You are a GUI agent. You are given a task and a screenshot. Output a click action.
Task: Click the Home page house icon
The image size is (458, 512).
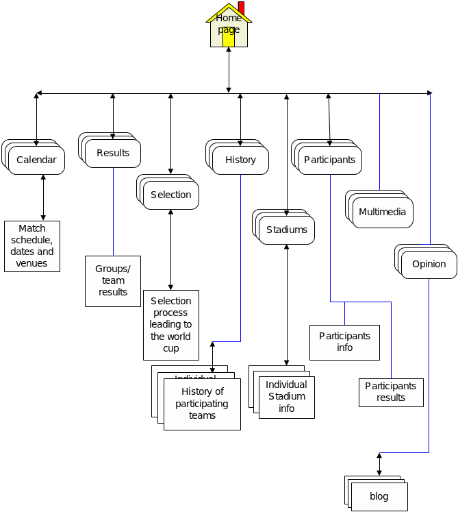coord(229,27)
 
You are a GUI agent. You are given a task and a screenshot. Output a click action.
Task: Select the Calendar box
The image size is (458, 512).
coord(37,160)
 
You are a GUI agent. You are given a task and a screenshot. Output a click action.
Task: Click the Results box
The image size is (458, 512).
coord(113,153)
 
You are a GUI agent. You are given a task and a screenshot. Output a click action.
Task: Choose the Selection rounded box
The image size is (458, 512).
coord(171,195)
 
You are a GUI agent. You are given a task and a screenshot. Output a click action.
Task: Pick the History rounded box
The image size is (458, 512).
coord(240,160)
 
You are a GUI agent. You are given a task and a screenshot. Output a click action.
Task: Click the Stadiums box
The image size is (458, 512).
coord(287,230)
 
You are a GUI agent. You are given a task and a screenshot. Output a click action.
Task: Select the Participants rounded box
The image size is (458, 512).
coord(330,160)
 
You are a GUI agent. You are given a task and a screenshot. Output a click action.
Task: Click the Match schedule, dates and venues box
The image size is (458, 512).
coord(32,246)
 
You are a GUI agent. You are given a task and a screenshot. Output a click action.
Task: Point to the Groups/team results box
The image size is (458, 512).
coord(113,281)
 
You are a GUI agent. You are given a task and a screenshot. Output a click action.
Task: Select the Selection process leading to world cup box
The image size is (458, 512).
coord(171,325)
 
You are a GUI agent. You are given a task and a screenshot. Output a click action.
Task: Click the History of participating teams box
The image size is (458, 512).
coord(202,404)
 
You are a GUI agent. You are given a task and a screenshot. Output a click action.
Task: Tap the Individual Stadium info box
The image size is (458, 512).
coord(287,397)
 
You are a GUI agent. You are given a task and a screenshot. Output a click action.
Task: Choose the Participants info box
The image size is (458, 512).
coord(344,342)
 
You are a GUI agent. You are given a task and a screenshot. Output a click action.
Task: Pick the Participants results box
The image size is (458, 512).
coord(391,392)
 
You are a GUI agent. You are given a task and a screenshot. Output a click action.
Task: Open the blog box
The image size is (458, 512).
coord(379,497)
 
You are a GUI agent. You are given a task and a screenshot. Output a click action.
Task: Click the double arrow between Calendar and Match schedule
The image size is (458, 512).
coord(43,197)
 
